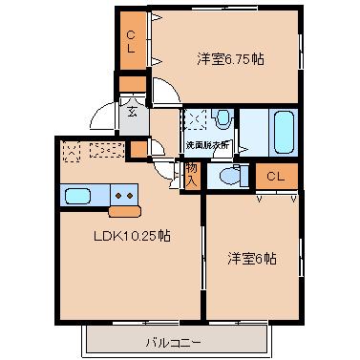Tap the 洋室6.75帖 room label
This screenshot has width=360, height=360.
point(231,59)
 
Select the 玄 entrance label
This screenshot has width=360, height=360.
point(132,108)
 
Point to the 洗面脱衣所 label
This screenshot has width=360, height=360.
point(210,145)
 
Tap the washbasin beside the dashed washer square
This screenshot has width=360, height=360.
point(223,119)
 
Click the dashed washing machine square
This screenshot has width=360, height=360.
point(196,119)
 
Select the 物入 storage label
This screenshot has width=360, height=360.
point(192,171)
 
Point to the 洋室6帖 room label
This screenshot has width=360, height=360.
point(252,258)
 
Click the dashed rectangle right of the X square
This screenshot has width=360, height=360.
point(107,149)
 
